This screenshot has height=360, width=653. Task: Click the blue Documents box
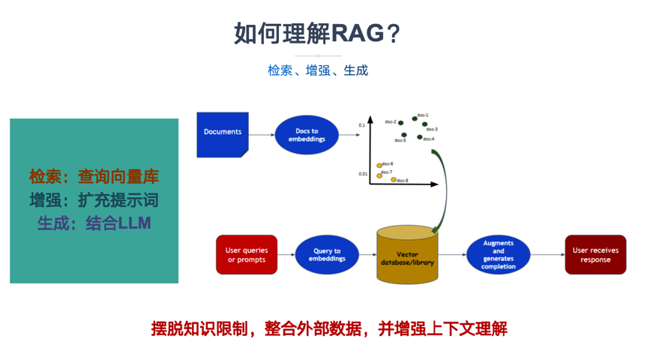tap(223, 134)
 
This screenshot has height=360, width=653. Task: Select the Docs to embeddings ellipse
tap(307, 135)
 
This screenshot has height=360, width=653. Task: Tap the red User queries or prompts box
tap(247, 254)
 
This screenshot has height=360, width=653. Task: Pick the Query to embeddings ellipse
tap(327, 254)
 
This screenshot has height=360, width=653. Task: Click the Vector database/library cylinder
tap(407, 255)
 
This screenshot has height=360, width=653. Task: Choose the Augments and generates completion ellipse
tap(498, 254)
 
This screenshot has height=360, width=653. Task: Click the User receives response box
tap(595, 254)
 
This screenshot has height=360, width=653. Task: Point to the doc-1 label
tap(423, 115)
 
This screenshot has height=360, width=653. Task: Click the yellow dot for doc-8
tap(394, 179)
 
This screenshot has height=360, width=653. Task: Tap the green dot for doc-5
tap(404, 135)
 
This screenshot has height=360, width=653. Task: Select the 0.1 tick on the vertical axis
tap(362, 125)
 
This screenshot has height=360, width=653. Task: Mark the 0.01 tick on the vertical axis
tap(363, 174)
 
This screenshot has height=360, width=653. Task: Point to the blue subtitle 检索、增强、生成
tap(318, 70)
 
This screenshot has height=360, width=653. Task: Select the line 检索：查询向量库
tap(94, 177)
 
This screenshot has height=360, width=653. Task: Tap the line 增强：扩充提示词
tap(94, 200)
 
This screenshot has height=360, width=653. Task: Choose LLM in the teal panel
tap(134, 223)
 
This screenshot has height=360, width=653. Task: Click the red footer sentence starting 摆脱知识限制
tap(329, 328)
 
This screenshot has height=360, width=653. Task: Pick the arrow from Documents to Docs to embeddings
tap(262, 135)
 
